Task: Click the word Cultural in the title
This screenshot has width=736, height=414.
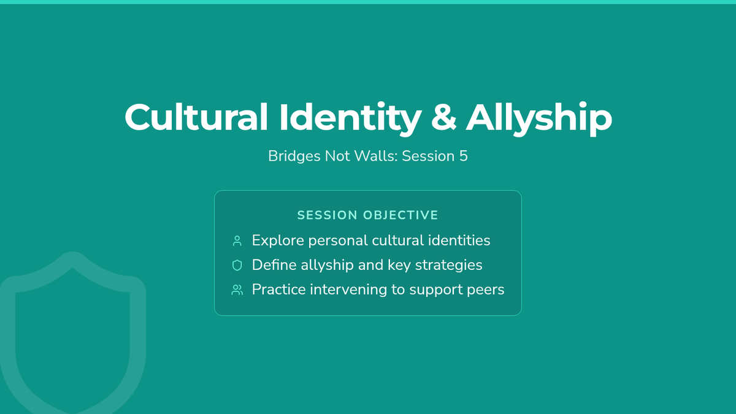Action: (196, 117)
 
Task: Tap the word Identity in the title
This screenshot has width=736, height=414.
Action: (351, 118)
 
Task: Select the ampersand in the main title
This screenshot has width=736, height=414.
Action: (443, 117)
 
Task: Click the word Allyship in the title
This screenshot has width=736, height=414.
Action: (539, 118)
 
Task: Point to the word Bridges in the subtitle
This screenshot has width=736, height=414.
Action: (294, 156)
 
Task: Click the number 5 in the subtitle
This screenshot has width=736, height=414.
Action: (463, 156)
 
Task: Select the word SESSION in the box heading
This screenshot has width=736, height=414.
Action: (328, 215)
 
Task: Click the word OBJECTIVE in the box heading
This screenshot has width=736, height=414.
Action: (401, 215)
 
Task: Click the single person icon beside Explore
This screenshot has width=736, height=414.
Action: (237, 241)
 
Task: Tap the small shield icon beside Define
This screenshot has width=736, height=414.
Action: (237, 265)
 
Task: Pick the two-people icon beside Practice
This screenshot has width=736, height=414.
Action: (237, 289)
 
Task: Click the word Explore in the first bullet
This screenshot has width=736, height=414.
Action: (278, 241)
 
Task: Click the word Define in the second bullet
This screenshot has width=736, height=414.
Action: (274, 265)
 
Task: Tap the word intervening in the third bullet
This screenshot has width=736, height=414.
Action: (348, 289)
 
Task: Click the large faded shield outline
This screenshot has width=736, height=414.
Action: (7, 329)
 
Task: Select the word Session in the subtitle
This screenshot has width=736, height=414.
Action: (429, 156)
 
